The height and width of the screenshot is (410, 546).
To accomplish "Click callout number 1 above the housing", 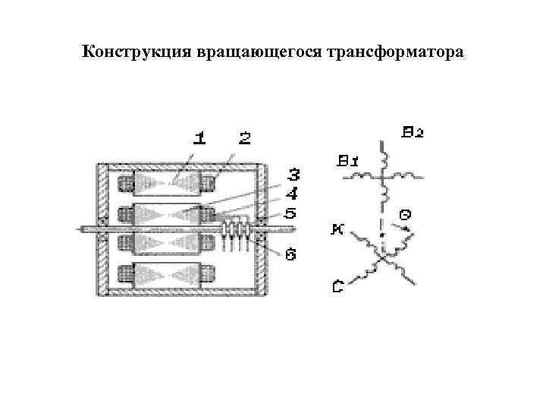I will coord(199,138).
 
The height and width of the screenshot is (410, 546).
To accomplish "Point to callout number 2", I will coord(244,138).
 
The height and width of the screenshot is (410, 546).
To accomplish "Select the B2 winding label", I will coord(413,132).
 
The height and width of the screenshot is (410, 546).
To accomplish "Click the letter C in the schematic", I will coord(338,286).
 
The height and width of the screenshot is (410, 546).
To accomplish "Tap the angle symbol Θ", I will coord(406,215).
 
